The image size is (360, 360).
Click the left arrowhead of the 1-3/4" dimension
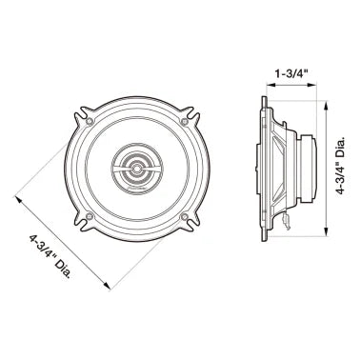click(265, 85)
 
